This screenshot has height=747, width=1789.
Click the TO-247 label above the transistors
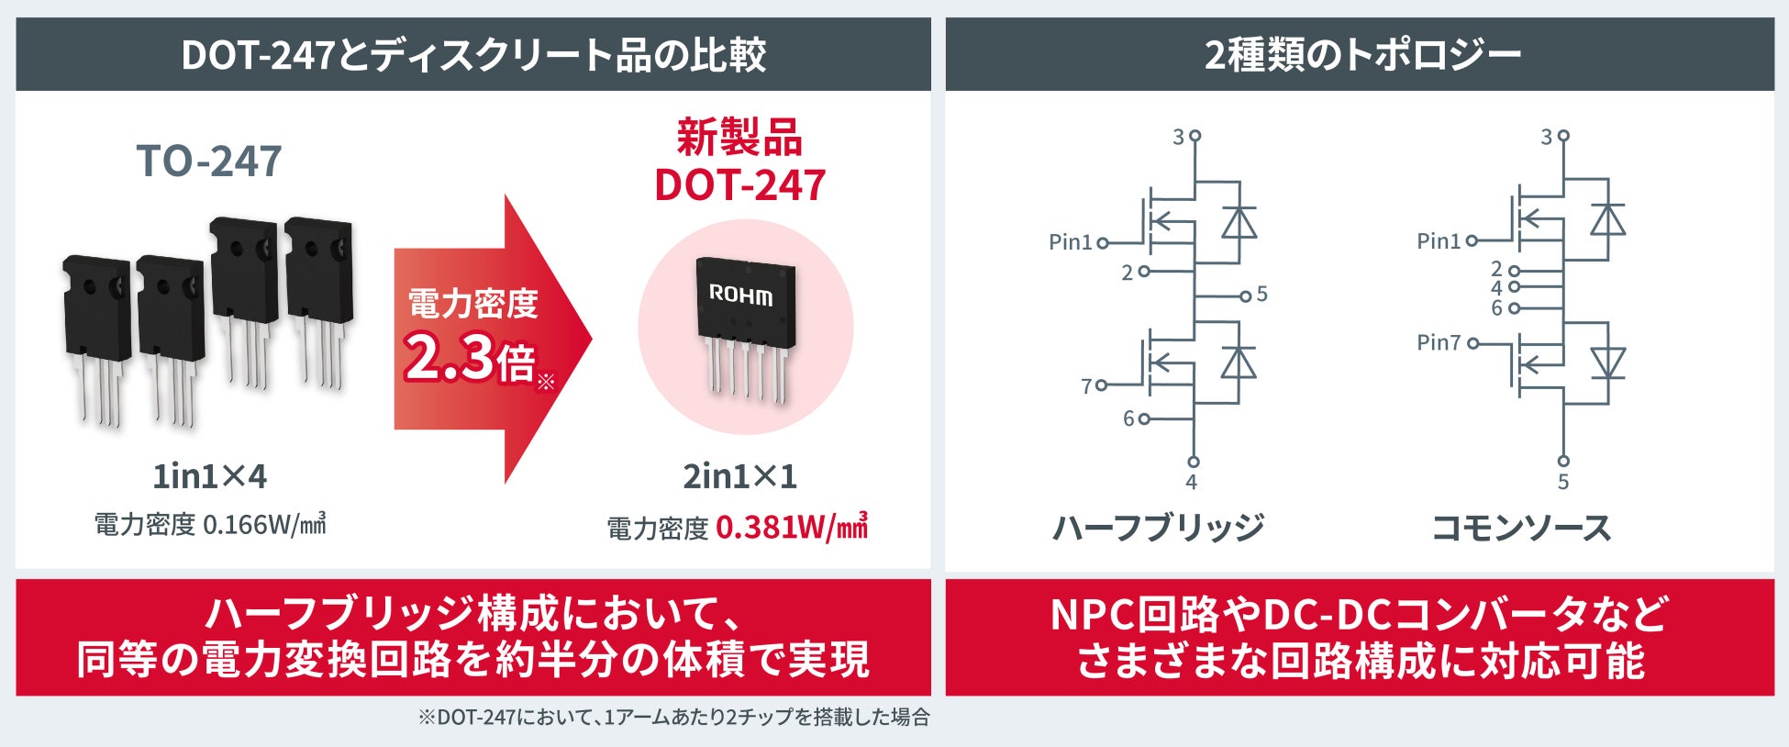pos(209,162)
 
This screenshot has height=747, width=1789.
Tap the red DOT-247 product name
pos(739,185)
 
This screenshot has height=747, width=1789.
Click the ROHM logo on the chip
pos(741,295)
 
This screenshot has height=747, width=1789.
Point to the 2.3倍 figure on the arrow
pos(470,358)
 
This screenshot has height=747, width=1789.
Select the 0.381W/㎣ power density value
pos(791,527)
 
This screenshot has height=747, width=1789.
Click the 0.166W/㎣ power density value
pos(264,524)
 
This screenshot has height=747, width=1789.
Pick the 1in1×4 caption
pos(210,476)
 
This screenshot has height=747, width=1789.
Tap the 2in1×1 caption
pos(739,476)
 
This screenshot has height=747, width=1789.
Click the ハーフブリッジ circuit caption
pos(1158,528)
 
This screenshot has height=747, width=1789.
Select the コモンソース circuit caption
pos(1522,528)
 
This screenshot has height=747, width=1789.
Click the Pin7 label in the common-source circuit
pos(1439,342)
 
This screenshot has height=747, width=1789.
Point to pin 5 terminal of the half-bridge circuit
pos(1245,295)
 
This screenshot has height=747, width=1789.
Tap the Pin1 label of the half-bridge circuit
pos(1071,242)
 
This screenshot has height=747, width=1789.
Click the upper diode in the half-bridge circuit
pos(1239,222)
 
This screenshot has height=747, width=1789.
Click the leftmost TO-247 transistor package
pos(95,340)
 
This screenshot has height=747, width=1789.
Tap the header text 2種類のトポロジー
pos(1362,55)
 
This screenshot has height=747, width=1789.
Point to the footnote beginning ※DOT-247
pos(674,717)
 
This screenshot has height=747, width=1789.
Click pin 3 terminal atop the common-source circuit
pos(1563,136)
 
